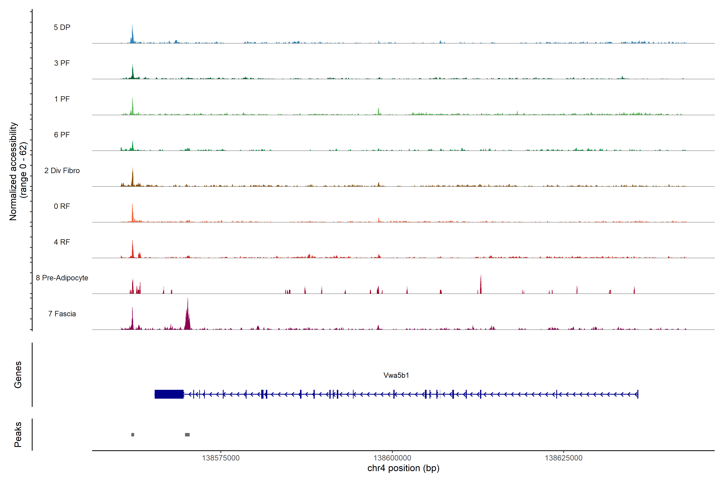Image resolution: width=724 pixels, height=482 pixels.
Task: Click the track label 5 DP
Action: [x=62, y=27]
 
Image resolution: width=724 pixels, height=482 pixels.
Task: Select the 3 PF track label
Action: [x=62, y=63]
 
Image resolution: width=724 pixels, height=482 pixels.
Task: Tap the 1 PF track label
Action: [x=62, y=99]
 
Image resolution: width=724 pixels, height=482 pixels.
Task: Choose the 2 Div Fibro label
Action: [x=62, y=171]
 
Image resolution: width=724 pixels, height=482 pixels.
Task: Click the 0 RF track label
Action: [x=62, y=206]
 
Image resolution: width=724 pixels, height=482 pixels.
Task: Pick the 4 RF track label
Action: [x=62, y=242]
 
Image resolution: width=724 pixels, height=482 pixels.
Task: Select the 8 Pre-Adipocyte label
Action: [x=62, y=278]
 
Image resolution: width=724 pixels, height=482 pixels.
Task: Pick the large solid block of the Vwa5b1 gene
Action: [x=169, y=394]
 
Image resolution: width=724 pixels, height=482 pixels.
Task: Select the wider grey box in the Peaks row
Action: [x=187, y=435]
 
